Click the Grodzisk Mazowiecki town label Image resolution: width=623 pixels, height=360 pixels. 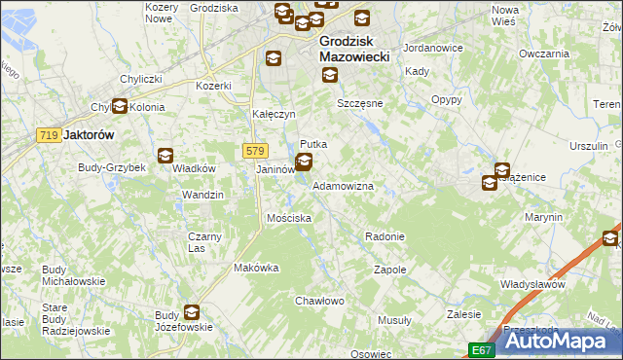(x=354, y=50)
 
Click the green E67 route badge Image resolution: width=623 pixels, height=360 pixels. (x=481, y=349)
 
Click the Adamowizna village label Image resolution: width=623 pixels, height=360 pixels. (x=343, y=185)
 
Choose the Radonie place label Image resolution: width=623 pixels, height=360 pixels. (x=384, y=236)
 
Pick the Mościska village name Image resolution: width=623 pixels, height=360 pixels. (x=289, y=218)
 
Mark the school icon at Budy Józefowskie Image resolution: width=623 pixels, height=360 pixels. (x=192, y=312)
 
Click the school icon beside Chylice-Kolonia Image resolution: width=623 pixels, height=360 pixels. (x=120, y=107)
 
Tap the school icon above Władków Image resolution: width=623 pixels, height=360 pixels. (x=165, y=154)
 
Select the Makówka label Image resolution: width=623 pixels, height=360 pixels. (x=257, y=268)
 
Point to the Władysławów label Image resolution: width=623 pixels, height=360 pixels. (x=532, y=284)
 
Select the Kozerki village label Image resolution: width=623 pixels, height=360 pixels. (x=214, y=86)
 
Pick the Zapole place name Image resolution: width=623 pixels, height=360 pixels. (x=389, y=270)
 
